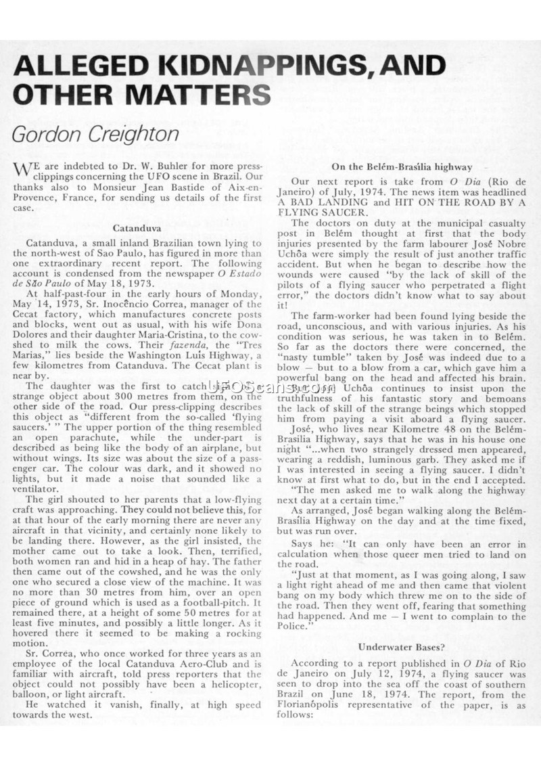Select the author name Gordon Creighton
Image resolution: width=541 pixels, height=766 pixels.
(x=95, y=133)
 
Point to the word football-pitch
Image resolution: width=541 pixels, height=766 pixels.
(x=193, y=603)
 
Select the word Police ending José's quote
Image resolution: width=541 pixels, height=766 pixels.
(x=293, y=626)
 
